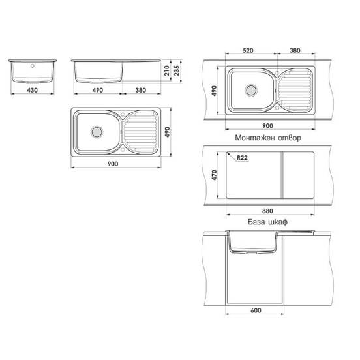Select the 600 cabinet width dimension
point(256,311)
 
